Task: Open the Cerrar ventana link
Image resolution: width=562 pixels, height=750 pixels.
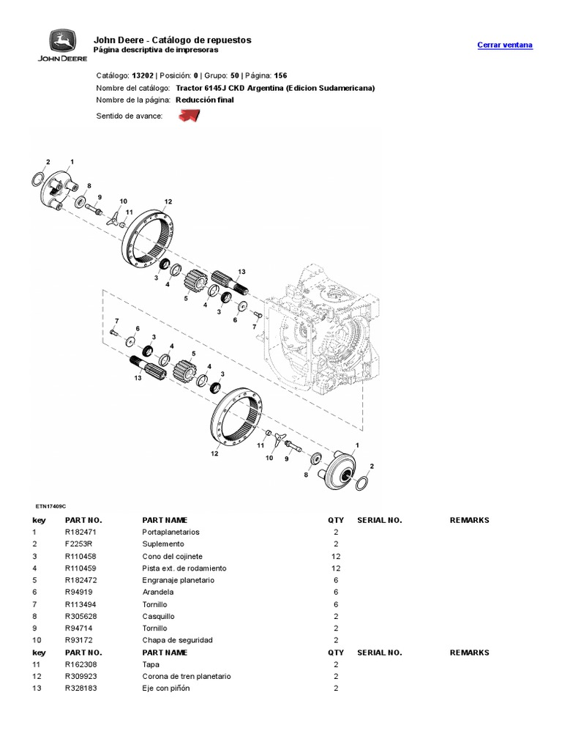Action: click(505, 45)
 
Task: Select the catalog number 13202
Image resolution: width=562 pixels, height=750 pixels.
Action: click(141, 75)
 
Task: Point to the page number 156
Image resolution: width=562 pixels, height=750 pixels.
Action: click(280, 75)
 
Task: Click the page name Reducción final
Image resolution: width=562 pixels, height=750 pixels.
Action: click(205, 100)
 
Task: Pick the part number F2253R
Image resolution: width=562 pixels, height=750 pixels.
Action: click(77, 544)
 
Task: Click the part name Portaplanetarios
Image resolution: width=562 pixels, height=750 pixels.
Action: click(171, 532)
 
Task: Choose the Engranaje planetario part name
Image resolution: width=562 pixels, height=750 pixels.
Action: click(178, 580)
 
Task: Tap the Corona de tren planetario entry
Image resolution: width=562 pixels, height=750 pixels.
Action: click(186, 677)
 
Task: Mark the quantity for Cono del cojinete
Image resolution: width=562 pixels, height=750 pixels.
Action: click(336, 557)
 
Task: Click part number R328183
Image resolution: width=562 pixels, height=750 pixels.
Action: click(80, 688)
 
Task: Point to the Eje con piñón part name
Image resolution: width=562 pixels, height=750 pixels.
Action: click(165, 688)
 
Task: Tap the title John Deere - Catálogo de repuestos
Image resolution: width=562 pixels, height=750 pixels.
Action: click(172, 40)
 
